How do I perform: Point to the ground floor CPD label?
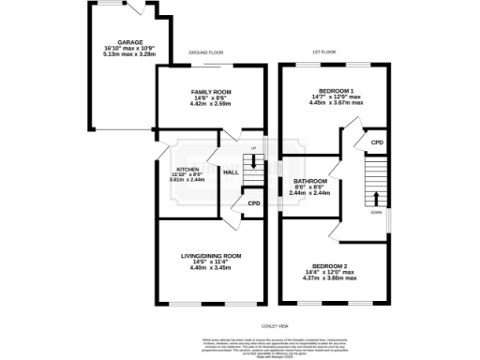pos(253,202)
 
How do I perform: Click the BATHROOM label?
pos(309,180)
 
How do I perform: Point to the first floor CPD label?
pos(378,142)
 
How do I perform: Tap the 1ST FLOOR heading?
pos(323,52)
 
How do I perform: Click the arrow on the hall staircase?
pos(251,161)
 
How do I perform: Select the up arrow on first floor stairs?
pos(377,197)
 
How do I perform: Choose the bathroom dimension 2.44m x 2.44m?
pos(309,192)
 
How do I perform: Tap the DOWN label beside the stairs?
pos(376,213)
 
